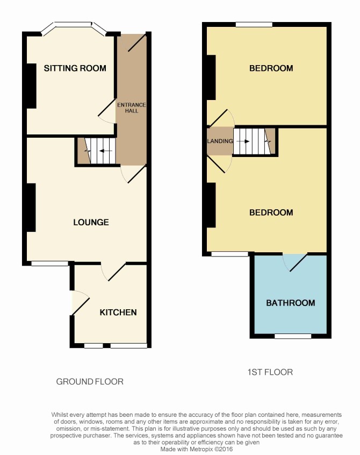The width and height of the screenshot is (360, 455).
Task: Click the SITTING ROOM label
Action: point(75,68)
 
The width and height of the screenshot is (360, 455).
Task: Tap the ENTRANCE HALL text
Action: point(131,108)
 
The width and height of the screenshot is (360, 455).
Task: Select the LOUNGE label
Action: point(91,222)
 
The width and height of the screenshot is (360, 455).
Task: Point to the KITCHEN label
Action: point(118,312)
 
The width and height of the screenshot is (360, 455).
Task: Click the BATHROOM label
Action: point(291,303)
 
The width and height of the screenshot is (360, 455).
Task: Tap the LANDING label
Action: point(220,141)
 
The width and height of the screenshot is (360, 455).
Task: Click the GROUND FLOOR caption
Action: point(90,381)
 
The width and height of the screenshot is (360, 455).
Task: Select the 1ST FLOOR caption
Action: point(270,372)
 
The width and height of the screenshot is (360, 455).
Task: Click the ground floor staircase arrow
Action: point(105,151)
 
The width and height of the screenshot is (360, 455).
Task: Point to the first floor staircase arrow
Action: point(243,141)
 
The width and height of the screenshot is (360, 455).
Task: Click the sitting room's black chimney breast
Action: point(31,86)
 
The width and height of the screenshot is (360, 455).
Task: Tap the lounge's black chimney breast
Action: point(31,208)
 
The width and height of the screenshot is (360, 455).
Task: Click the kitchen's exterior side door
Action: point(80,302)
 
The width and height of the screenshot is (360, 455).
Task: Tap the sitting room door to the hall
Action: point(107,112)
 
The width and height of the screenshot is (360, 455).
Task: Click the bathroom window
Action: point(293,336)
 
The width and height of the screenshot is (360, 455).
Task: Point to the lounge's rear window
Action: point(50,263)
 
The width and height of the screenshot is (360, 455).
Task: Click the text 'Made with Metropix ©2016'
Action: point(197,449)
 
